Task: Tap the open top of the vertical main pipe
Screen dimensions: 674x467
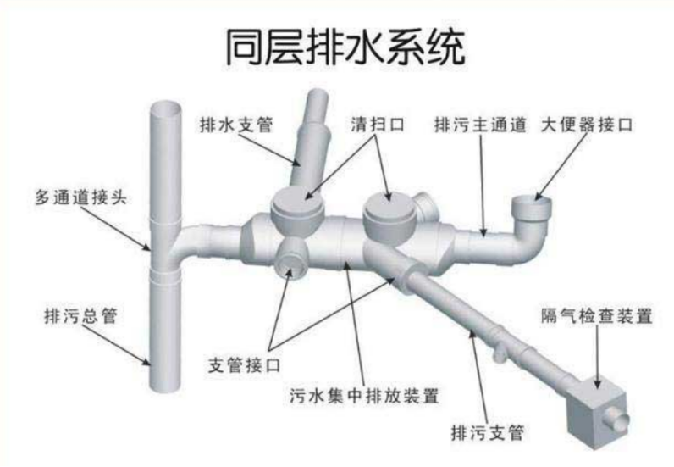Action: [168, 108]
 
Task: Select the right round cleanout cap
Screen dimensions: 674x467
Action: [390, 205]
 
